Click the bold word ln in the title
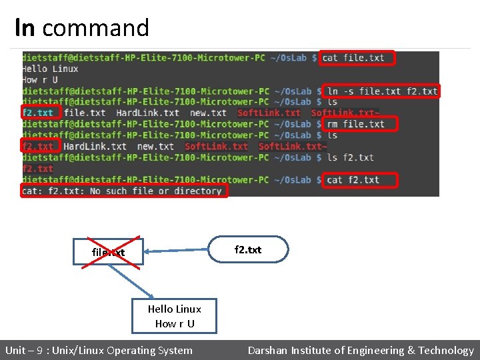coord(25,28)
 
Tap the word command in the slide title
coord(95,28)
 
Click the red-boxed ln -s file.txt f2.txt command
coord(381,91)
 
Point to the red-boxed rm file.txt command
coord(359,124)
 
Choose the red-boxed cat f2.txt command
coord(359,180)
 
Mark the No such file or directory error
coord(124,191)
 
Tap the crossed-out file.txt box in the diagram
coord(108,252)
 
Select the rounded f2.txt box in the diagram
coord(248,250)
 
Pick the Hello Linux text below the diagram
coord(174,309)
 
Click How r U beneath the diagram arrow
coord(175,324)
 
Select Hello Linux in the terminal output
coord(50,69)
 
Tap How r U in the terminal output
coord(41,80)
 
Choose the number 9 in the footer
coord(39,351)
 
